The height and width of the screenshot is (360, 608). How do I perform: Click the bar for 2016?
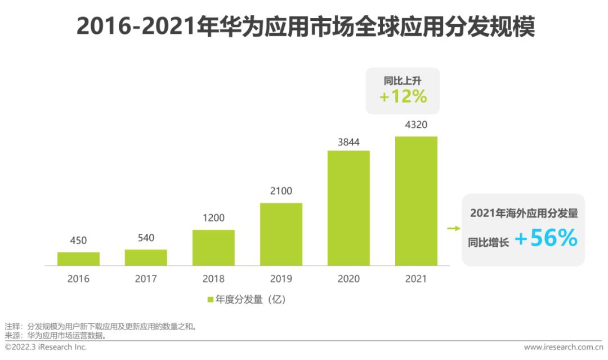point(78,259)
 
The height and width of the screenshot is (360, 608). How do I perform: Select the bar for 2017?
point(146,257)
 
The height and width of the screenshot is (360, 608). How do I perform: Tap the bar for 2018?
point(213,247)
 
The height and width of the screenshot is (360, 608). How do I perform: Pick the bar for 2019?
point(281,234)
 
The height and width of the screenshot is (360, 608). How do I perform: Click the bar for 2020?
point(348,208)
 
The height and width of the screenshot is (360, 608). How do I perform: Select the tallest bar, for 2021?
point(416,201)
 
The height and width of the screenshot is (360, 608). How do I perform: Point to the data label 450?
point(78,241)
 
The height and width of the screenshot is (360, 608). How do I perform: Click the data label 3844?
point(348,141)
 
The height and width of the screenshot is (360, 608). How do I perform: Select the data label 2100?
point(281,191)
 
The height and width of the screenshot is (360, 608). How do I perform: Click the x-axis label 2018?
point(213,279)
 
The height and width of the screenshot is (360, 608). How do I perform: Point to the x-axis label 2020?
point(348,279)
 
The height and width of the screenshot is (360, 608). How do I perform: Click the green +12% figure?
point(403,96)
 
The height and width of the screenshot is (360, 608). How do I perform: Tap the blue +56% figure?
point(546,239)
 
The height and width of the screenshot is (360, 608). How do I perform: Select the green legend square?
point(211,300)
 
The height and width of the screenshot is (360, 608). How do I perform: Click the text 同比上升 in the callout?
point(403,80)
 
